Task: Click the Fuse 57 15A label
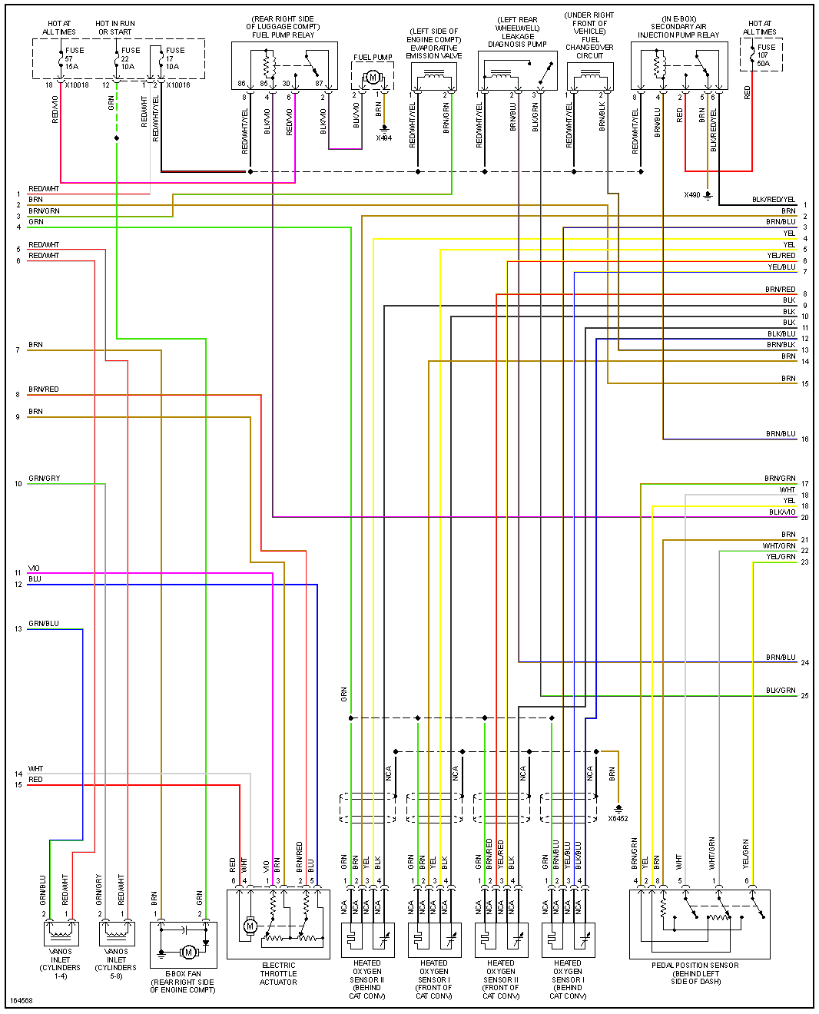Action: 73,58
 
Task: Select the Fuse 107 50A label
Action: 765,55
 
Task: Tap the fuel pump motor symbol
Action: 373,77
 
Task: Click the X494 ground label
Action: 383,138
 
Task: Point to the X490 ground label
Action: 692,195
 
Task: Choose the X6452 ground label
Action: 618,818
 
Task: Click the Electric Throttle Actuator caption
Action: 278,973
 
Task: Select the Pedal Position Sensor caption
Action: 695,973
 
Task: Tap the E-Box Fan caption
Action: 183,982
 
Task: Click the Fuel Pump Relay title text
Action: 283,27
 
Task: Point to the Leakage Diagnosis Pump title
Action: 518,32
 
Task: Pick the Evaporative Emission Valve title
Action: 433,44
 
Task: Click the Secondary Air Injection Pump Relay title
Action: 678,28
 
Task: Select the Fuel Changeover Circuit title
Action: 589,35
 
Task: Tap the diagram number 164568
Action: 22,1001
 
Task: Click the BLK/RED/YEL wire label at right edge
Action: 774,200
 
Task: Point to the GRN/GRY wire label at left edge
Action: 45,479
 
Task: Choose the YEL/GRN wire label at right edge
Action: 781,557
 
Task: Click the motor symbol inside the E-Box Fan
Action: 189,953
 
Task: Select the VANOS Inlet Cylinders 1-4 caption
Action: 60,964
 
